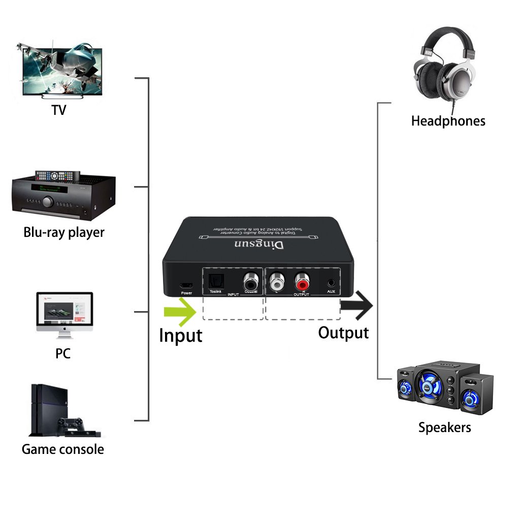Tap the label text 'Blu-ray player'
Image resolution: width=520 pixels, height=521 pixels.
[64, 232]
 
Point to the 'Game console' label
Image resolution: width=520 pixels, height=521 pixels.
[63, 449]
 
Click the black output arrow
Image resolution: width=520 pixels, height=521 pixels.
[357, 305]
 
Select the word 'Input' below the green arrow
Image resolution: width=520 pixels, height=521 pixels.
[181, 336]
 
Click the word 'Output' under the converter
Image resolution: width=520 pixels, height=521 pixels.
[343, 333]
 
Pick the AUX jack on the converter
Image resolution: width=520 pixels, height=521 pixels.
[331, 282]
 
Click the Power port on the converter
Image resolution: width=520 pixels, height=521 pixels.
[186, 285]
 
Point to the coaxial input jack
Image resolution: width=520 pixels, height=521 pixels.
[250, 280]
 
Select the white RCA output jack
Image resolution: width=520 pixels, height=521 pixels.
[277, 280]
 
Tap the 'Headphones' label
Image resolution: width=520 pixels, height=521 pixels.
[448, 121]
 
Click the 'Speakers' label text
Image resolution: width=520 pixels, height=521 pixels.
[444, 427]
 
